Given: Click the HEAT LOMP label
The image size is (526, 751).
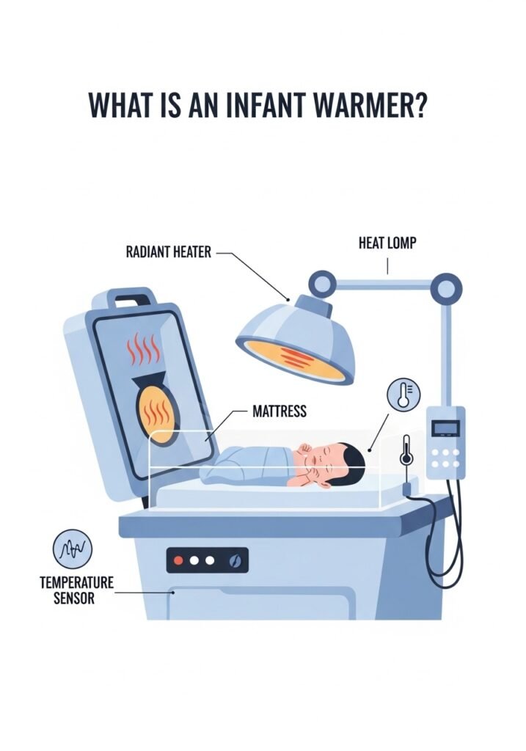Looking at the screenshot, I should tap(387, 243).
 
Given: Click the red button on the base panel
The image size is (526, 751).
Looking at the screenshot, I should tap(178, 561).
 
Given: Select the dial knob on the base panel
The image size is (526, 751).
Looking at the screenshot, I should tap(235, 561).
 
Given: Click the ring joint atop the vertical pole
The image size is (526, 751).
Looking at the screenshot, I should tap(446, 285).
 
